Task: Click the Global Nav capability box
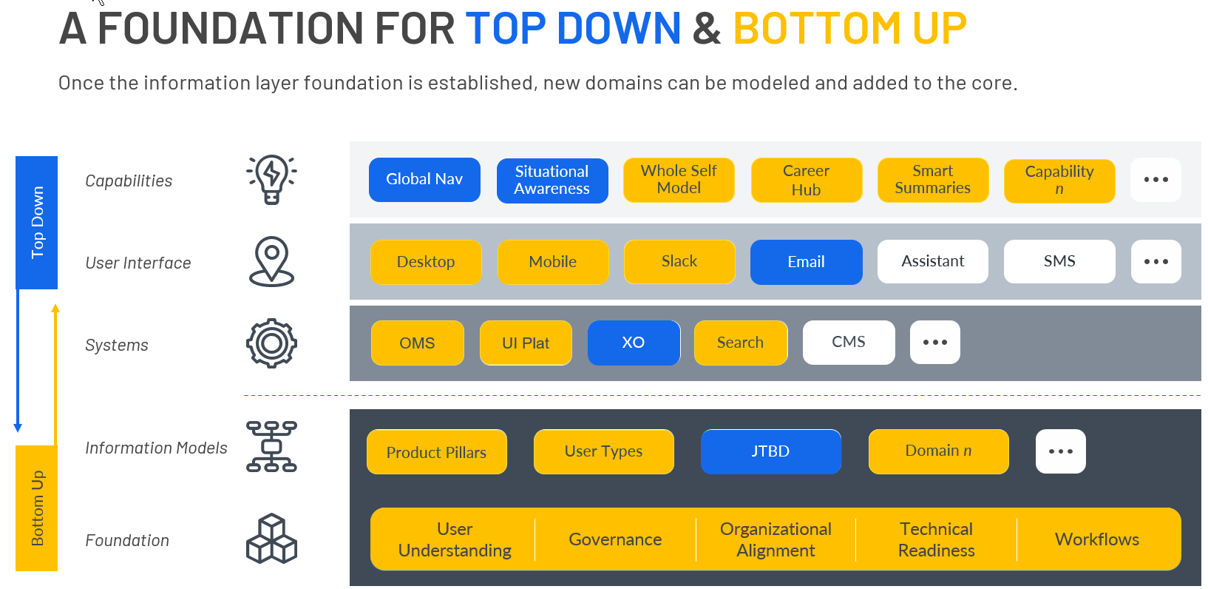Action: coord(424,180)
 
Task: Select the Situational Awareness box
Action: coord(552,181)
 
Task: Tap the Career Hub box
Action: coord(807,181)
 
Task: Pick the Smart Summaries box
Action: coord(933,180)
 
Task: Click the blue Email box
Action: coord(807,262)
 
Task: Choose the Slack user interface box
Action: coord(679,262)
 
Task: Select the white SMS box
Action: coord(1059,261)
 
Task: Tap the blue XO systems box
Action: coord(634,343)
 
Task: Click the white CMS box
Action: coord(849,343)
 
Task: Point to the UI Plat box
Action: coord(526,343)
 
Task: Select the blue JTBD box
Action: coord(770,451)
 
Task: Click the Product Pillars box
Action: coord(437,452)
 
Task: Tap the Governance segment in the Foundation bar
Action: coord(615,539)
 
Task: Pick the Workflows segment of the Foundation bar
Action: coord(1097,539)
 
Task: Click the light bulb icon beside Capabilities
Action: coord(272,180)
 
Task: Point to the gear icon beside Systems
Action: coord(272,343)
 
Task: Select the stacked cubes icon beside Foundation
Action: coord(272,539)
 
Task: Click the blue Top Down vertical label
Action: coord(37,223)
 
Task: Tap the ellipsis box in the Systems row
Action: coord(935,343)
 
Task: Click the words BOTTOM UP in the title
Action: coord(850,28)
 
